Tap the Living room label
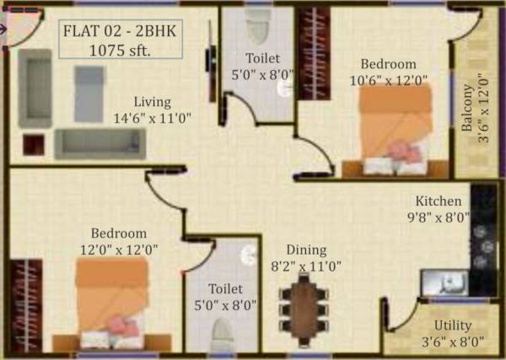(152, 102)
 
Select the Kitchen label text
(438, 201)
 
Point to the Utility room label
(452, 325)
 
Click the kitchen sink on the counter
(438, 282)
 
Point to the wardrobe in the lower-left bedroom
(26, 303)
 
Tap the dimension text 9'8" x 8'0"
(438, 217)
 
